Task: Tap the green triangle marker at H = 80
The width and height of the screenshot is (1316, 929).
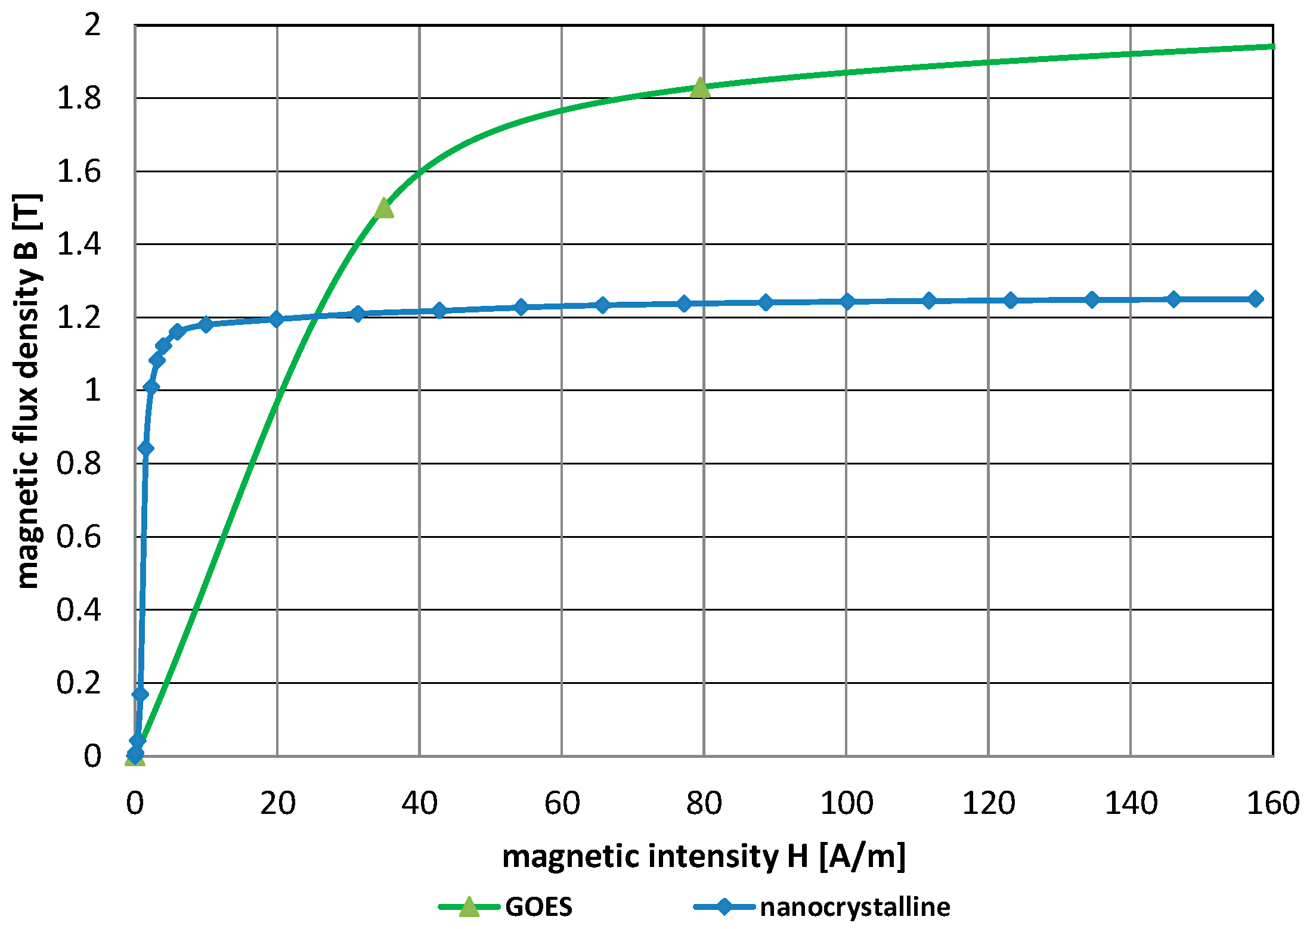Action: (700, 88)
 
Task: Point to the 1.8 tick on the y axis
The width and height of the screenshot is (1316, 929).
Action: (79, 98)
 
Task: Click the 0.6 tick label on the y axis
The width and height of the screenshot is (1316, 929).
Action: (79, 537)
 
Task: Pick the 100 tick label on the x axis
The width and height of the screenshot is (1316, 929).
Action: (846, 803)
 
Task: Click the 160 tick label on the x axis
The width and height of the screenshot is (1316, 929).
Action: (1272, 803)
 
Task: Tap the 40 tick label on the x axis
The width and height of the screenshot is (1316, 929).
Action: (419, 803)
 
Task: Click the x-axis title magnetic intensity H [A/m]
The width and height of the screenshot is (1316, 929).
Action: (704, 856)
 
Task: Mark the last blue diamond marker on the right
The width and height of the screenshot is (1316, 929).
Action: (1255, 299)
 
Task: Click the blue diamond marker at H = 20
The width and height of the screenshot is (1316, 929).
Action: (276, 319)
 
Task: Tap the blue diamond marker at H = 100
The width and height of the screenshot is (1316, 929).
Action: (847, 302)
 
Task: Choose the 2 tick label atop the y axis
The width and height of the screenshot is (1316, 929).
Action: (92, 25)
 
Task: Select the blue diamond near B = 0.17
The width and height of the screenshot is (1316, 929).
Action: (140, 694)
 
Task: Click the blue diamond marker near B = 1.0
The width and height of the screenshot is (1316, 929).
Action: (151, 388)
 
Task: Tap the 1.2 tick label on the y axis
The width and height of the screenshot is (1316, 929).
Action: (79, 318)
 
